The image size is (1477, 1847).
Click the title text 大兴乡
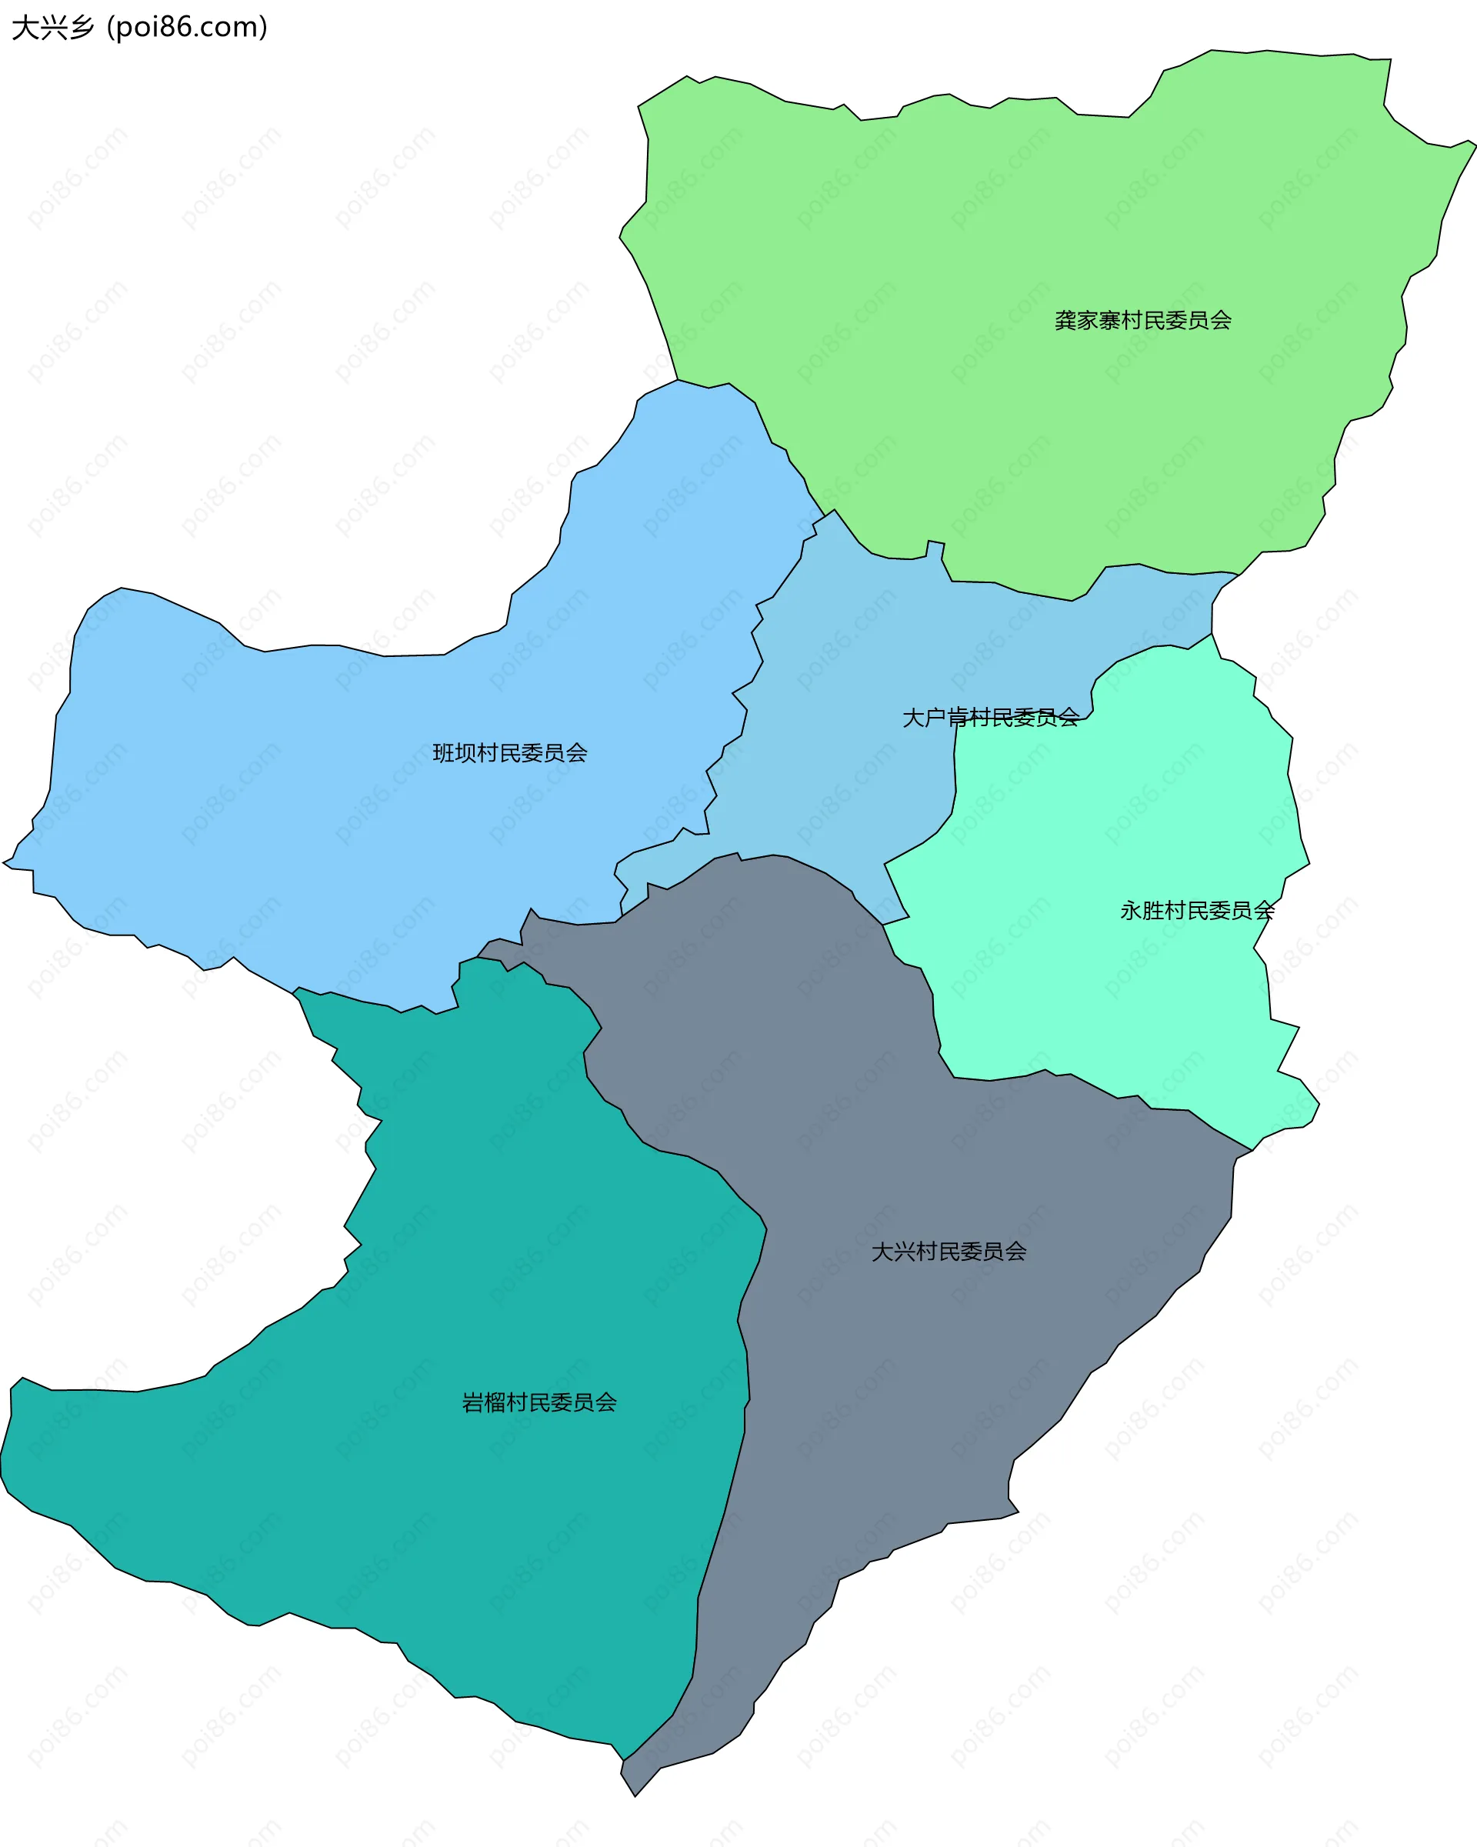(52, 28)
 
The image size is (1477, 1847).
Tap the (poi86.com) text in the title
(187, 28)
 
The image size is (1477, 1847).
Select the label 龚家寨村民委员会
(1142, 320)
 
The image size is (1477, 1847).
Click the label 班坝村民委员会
(510, 753)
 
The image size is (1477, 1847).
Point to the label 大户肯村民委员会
(990, 717)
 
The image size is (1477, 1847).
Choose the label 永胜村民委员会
(1197, 911)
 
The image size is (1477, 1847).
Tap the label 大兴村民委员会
(949, 1252)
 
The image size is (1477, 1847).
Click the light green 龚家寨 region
(1028, 214)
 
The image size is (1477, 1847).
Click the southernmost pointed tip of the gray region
(634, 1795)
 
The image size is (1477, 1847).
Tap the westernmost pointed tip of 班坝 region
(5, 862)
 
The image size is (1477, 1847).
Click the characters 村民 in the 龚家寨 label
(1142, 320)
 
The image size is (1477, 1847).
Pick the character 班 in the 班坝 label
(443, 753)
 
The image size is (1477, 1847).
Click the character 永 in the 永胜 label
(1131, 911)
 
